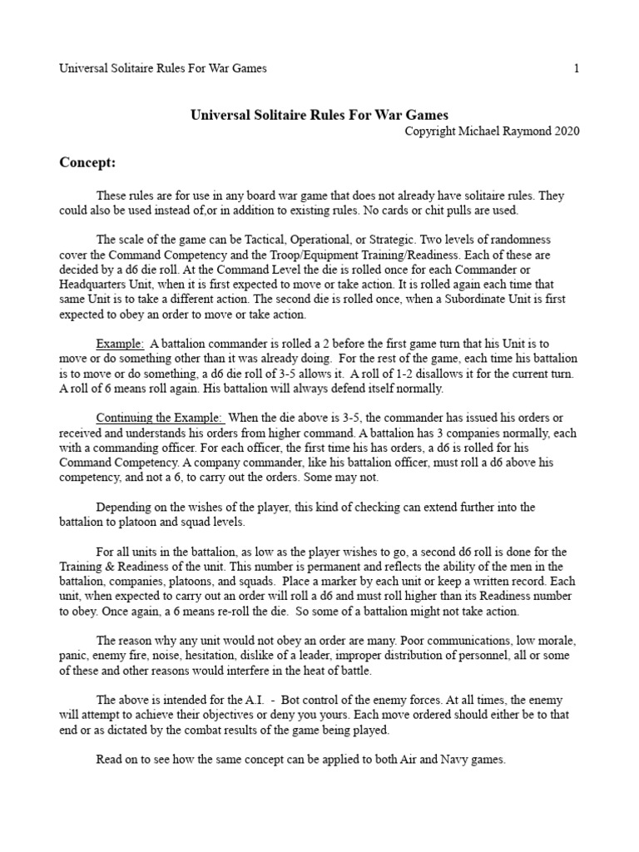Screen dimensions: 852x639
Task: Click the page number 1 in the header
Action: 576,68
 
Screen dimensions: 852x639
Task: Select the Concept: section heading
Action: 87,161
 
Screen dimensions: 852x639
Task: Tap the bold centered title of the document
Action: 320,115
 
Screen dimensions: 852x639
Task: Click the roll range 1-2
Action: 405,374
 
